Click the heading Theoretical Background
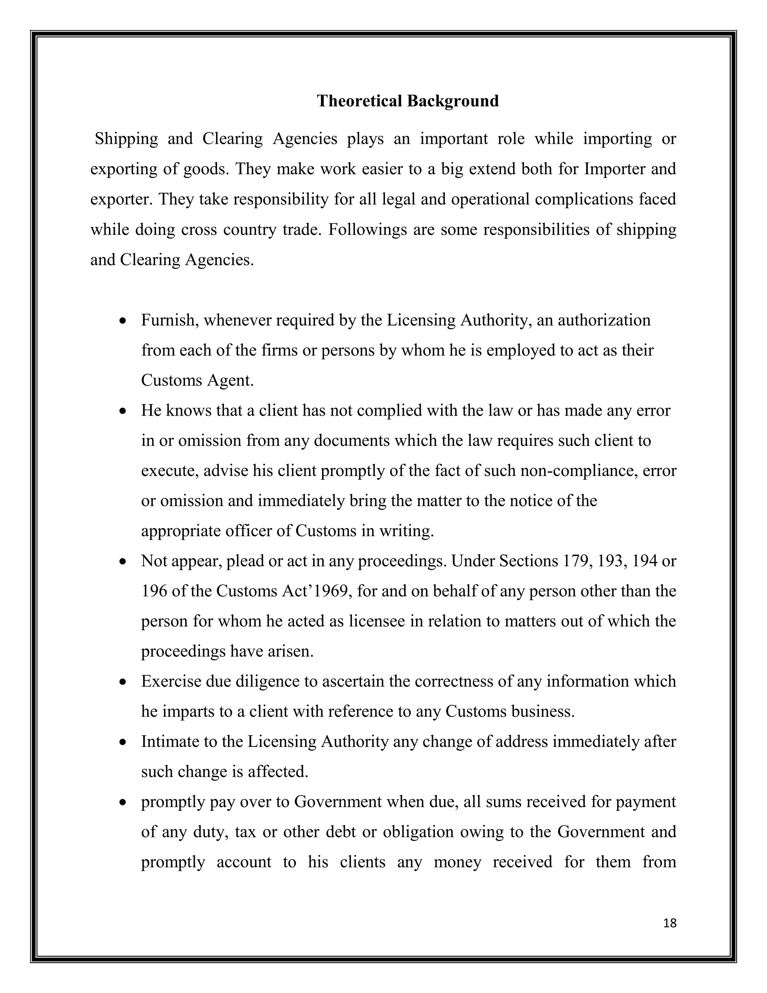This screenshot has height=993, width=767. point(407,100)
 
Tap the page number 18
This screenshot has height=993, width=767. point(670,923)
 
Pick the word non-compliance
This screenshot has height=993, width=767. point(578,471)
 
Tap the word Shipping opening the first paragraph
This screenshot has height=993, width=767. point(126,139)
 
